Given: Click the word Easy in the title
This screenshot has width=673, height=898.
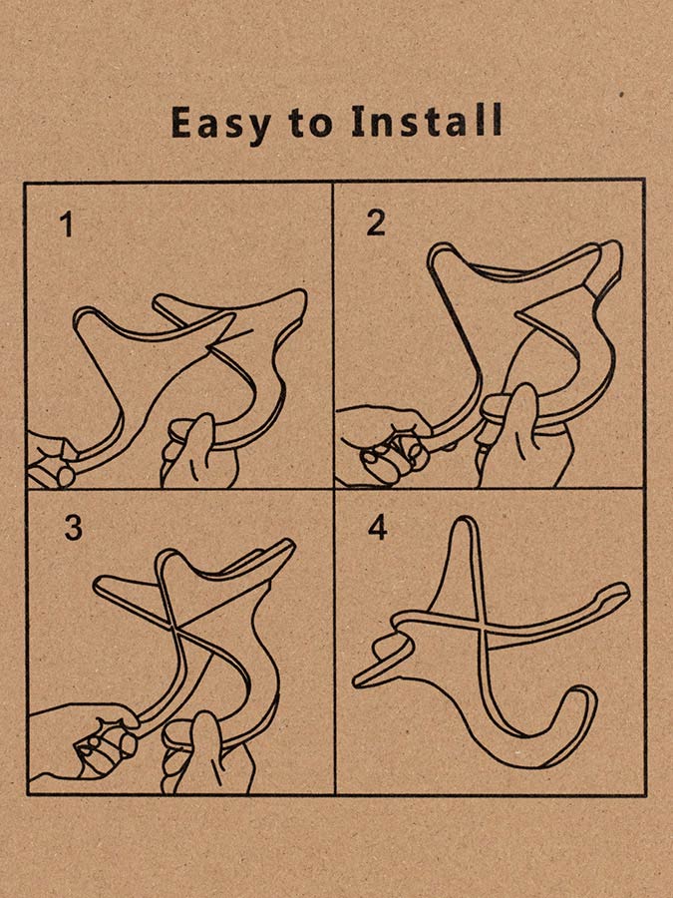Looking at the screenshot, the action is (x=220, y=122).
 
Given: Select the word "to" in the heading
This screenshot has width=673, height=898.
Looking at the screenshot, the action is (x=310, y=123).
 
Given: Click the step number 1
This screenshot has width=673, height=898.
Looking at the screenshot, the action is (x=68, y=224).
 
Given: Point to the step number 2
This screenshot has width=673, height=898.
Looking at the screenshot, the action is (x=376, y=223).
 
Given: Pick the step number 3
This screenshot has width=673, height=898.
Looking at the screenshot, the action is (x=73, y=528).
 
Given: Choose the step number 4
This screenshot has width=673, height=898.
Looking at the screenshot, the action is (x=378, y=527).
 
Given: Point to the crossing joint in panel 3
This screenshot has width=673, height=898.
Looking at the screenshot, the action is (x=173, y=628).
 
